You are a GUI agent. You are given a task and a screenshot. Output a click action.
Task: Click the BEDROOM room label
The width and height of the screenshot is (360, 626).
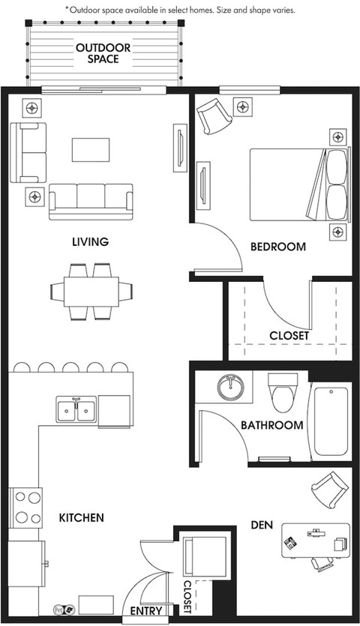278,247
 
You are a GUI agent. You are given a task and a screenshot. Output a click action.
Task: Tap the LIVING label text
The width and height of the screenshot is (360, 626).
90,241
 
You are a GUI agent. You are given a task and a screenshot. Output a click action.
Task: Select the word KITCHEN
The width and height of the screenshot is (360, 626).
82,518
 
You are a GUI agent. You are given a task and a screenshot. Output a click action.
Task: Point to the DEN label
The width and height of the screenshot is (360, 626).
262,525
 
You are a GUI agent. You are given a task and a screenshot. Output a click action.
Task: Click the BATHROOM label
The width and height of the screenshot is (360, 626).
272,425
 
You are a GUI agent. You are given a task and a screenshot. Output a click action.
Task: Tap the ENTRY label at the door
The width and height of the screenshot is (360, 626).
146,611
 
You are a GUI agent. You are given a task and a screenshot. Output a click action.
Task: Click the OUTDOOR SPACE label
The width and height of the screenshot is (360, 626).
103,53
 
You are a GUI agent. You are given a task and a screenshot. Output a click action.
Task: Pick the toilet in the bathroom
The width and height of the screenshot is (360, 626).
283,393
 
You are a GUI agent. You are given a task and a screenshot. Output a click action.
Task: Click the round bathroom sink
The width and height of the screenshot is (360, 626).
230,388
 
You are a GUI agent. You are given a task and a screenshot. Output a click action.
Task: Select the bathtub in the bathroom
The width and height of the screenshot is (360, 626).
331,421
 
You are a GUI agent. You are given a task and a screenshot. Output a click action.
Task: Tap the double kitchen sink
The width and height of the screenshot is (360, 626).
76,410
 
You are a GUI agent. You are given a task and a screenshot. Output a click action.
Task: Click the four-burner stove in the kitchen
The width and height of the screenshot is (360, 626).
26,508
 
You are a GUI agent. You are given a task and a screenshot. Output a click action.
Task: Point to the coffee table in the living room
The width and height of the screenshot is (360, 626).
91,150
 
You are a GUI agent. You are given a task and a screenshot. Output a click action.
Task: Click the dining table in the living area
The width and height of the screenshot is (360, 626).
91,292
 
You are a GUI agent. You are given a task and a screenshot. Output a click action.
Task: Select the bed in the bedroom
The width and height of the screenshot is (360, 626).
300,184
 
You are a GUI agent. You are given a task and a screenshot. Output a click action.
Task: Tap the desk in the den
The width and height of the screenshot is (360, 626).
316,541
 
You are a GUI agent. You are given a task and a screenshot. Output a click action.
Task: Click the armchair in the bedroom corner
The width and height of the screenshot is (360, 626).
214,115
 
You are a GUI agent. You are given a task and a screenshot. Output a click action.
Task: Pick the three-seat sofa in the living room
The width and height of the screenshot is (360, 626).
91,202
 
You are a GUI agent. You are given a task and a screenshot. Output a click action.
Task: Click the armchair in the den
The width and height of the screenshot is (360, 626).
330,490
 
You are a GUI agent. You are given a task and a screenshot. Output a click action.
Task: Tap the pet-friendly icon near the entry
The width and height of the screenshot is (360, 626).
64,610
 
